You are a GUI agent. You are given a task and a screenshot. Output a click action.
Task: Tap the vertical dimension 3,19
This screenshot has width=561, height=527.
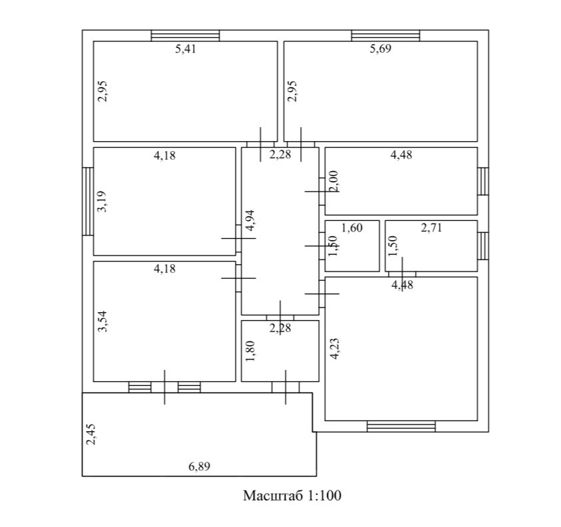tap(102, 201)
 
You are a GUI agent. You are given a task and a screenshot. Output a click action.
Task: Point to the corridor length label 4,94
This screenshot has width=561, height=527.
tap(250, 220)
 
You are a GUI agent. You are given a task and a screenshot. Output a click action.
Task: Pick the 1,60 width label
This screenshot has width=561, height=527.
tap(351, 228)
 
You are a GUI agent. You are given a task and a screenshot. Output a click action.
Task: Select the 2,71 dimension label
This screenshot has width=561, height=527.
tap(431, 228)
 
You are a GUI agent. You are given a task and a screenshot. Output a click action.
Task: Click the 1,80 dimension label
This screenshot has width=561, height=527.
tap(250, 351)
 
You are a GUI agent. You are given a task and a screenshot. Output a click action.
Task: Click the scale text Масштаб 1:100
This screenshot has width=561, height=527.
tap(292, 496)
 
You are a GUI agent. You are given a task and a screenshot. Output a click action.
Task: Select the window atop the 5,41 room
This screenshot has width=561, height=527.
tap(185, 36)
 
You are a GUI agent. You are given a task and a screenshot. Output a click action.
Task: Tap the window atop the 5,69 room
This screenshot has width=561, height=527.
tap(385, 36)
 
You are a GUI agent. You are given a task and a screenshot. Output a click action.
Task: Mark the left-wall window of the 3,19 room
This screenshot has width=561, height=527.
tap(87, 201)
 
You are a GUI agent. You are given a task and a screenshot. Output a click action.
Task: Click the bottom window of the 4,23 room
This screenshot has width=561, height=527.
tap(401, 426)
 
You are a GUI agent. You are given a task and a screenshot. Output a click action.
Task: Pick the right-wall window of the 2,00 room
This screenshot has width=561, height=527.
tap(483, 181)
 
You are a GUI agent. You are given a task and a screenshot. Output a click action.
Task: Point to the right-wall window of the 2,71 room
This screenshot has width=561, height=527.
tap(483, 246)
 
